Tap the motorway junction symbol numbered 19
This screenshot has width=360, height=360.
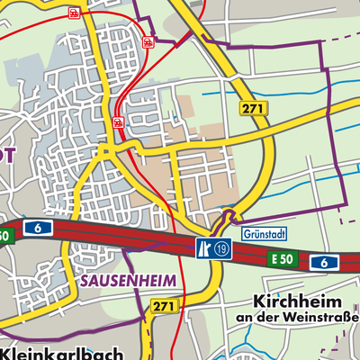click(212, 248)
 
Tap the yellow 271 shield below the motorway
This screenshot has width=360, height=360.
click(163, 307)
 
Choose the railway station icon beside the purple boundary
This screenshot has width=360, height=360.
click(147, 40)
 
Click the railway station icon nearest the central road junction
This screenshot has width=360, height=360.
click(118, 121)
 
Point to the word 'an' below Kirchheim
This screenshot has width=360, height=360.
click(245, 318)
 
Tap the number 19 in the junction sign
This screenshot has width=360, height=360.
click(221, 248)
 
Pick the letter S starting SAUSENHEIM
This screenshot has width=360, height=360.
click(85, 281)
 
